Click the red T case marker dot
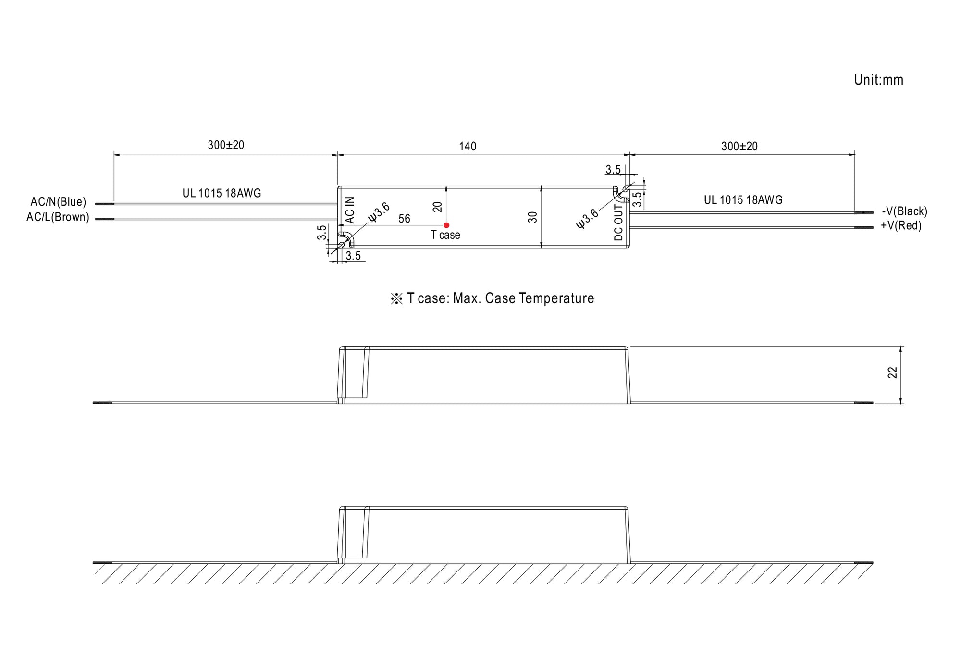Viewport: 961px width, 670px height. (x=446, y=225)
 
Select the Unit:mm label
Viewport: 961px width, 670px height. (x=878, y=80)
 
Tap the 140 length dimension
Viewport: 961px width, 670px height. (x=468, y=146)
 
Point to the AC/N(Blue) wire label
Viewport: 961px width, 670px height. (x=58, y=202)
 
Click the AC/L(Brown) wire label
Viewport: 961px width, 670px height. (x=58, y=217)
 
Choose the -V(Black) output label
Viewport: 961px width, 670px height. (x=904, y=211)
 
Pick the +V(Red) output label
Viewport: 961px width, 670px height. (x=901, y=226)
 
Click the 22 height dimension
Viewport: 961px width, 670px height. (x=892, y=372)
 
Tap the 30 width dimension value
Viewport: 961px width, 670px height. (x=532, y=217)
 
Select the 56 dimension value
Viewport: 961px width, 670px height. (x=405, y=219)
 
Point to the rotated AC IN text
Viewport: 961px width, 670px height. (x=350, y=210)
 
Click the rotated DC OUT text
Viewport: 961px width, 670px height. (x=618, y=223)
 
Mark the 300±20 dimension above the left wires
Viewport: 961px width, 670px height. (x=226, y=145)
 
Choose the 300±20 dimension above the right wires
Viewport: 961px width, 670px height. (x=739, y=146)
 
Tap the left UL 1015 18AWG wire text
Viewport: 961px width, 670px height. (x=222, y=193)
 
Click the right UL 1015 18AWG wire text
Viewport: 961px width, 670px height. (x=743, y=200)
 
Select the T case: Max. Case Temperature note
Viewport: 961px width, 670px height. (x=492, y=298)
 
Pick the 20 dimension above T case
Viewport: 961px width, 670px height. (x=437, y=207)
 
